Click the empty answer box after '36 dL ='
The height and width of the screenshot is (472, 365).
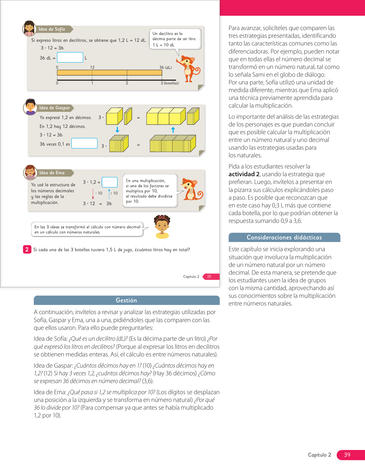pyautogui.click(x=70, y=57)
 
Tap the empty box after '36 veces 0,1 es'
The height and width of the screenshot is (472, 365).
pyautogui.click(x=84, y=143)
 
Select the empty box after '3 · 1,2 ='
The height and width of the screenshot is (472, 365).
pyautogui.click(x=110, y=182)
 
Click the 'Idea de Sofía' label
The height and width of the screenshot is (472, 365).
pyautogui.click(x=52, y=29)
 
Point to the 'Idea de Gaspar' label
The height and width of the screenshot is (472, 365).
pyautogui.click(x=55, y=108)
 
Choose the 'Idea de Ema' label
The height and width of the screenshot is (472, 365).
pyautogui.click(x=52, y=173)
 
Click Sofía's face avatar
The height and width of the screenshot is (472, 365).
pyautogui.click(x=29, y=28)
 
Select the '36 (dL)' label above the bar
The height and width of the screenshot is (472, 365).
pyautogui.click(x=165, y=68)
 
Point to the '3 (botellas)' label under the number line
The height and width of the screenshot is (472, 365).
pyautogui.click(x=169, y=83)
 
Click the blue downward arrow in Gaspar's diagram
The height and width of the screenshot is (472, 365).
pyautogui.click(x=117, y=130)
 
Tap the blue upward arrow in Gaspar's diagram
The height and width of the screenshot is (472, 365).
pyautogui.click(x=173, y=130)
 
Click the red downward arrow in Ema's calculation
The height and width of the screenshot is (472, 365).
pyautogui.click(x=93, y=194)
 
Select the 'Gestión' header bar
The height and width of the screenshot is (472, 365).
pyautogui.click(x=127, y=300)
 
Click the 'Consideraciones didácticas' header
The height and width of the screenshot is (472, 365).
pyautogui.click(x=284, y=237)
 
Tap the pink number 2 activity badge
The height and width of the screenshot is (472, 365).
pyautogui.click(x=27, y=249)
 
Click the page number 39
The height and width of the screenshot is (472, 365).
pyautogui.click(x=347, y=455)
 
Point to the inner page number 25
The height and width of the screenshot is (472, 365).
pyautogui.click(x=209, y=277)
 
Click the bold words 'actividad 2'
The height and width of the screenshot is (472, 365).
pyautogui.click(x=244, y=174)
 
